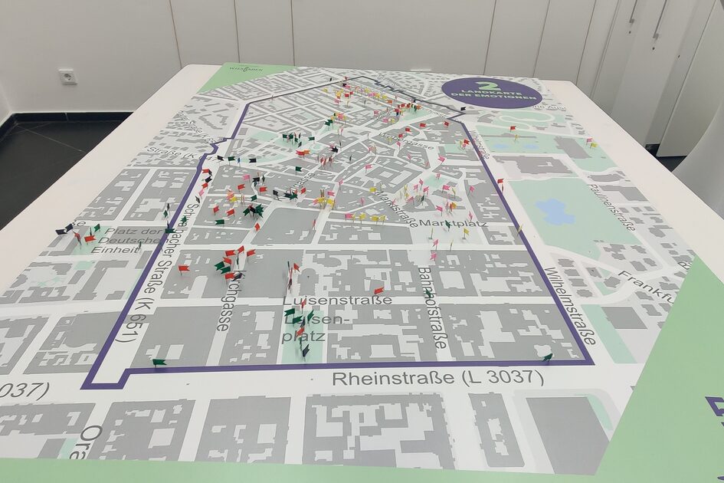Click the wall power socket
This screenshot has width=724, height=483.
[x=67, y=76]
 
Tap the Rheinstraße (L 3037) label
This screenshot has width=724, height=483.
[x=437, y=378]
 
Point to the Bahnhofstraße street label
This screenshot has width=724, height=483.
[x=432, y=307]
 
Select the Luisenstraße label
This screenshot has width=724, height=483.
[x=337, y=299]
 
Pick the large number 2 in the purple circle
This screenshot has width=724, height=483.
[x=483, y=85]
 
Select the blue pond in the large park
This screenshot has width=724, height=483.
[x=555, y=211]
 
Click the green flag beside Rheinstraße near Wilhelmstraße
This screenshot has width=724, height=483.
[x=547, y=356]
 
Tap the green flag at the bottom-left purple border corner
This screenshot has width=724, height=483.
[x=158, y=361]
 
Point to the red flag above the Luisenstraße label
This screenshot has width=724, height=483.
[x=379, y=290]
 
